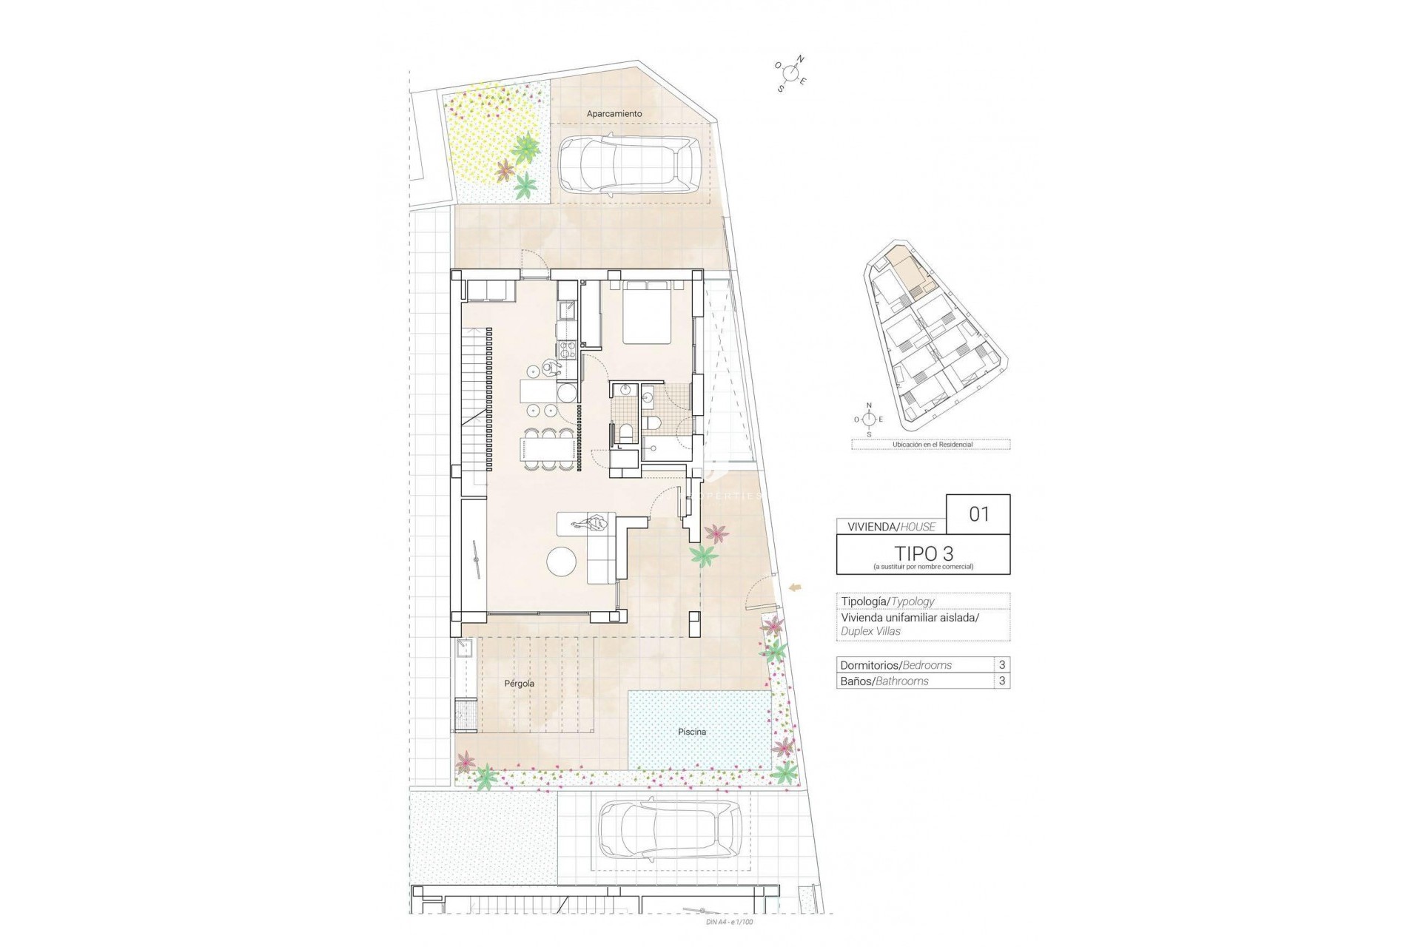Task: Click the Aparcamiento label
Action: (614, 114)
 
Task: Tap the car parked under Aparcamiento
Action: (628, 167)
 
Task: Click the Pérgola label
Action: (519, 684)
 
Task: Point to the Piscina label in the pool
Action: (692, 732)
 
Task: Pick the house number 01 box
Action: (978, 513)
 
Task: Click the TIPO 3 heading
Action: (923, 553)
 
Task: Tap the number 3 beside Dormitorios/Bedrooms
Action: (1002, 664)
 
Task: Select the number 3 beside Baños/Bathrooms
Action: (1002, 681)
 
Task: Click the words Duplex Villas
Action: (870, 631)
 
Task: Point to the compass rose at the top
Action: (791, 73)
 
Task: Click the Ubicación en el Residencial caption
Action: (932, 445)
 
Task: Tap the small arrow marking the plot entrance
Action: (796, 587)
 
